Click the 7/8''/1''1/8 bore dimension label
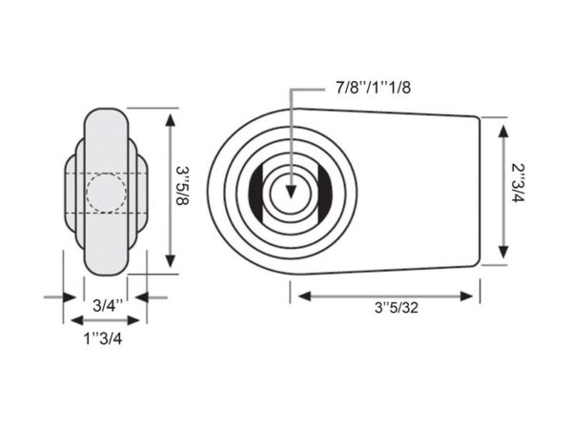(373, 88)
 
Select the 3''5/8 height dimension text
(182, 186)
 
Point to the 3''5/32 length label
(397, 308)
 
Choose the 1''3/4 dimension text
(103, 338)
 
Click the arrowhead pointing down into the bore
(291, 192)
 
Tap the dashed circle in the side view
(107, 193)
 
